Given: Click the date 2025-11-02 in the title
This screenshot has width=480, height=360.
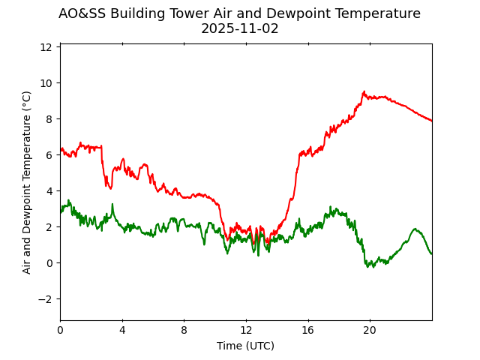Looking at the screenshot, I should [x=239, y=29].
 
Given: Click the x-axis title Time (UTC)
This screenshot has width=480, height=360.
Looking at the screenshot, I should [x=245, y=346].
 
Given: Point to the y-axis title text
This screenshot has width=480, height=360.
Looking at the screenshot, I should [x=27, y=182].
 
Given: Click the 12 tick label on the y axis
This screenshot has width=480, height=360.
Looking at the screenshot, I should [x=46, y=46].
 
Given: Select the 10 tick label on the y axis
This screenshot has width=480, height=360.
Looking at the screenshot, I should [x=46, y=82].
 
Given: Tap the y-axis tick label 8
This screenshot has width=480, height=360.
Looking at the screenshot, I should [x=49, y=118].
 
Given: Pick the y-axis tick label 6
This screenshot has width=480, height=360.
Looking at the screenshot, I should [x=49, y=154].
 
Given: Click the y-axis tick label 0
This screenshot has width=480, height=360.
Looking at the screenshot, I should [x=49, y=262].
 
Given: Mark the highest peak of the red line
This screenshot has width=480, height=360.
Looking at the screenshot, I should [x=364, y=91].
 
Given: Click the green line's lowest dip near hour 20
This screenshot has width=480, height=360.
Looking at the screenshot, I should [x=369, y=267].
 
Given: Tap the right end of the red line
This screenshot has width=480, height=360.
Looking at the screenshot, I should [x=431, y=121].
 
